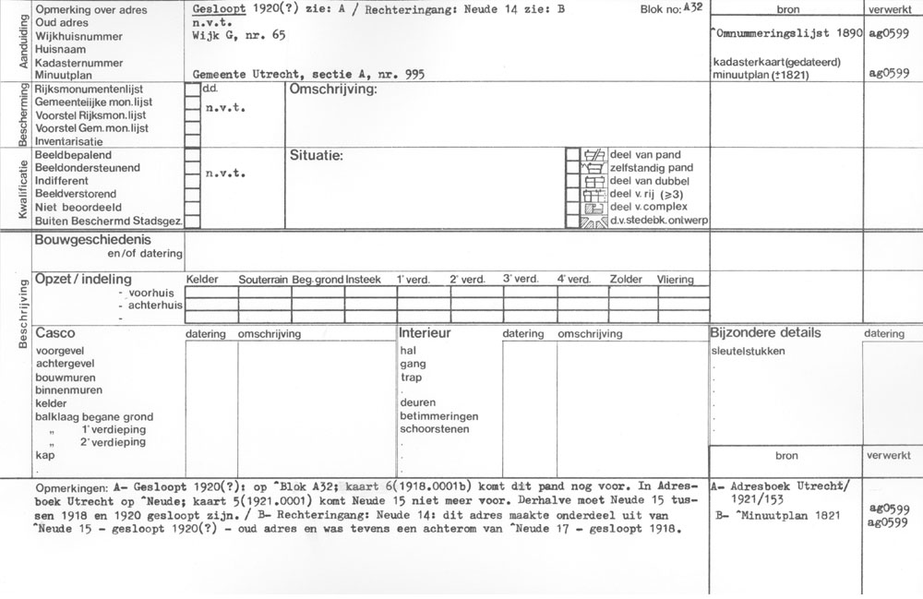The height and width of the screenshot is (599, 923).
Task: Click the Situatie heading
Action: click(x=316, y=155)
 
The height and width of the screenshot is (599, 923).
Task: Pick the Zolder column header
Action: click(x=625, y=280)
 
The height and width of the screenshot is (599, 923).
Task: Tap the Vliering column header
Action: click(x=675, y=280)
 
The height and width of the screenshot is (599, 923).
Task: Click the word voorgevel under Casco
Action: click(x=61, y=352)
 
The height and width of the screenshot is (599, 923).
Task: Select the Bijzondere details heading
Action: click(x=765, y=332)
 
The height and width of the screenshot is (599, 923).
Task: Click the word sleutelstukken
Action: click(x=749, y=352)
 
